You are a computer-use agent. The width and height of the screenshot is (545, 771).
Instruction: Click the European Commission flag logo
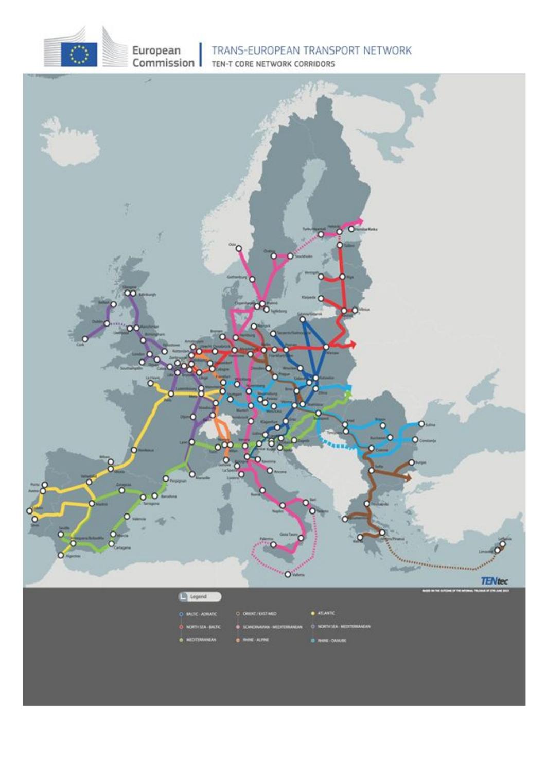pos(79,54)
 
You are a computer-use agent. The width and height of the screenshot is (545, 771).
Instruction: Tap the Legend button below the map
pos(200,596)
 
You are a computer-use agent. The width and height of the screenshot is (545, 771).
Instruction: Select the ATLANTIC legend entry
pos(326,613)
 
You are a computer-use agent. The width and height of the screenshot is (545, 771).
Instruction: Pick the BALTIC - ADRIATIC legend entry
pos(201,614)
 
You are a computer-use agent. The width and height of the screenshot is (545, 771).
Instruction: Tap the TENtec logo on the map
pos(494,581)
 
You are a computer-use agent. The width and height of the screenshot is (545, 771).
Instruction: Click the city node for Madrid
pos(92,503)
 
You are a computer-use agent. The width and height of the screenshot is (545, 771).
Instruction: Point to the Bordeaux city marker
pos(134,450)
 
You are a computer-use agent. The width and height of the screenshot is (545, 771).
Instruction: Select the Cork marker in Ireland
pos(85,339)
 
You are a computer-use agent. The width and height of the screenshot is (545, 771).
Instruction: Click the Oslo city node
pos(239,248)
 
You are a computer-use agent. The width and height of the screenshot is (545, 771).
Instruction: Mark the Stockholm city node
pos(290,256)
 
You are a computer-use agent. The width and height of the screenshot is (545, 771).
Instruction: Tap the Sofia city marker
pos(372,471)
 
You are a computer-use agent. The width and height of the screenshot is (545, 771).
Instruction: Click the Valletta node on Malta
pos(288,574)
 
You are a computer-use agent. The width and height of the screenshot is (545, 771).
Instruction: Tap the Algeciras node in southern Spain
pos(61,555)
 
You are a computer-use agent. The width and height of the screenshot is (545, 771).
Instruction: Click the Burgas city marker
pos(411,462)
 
